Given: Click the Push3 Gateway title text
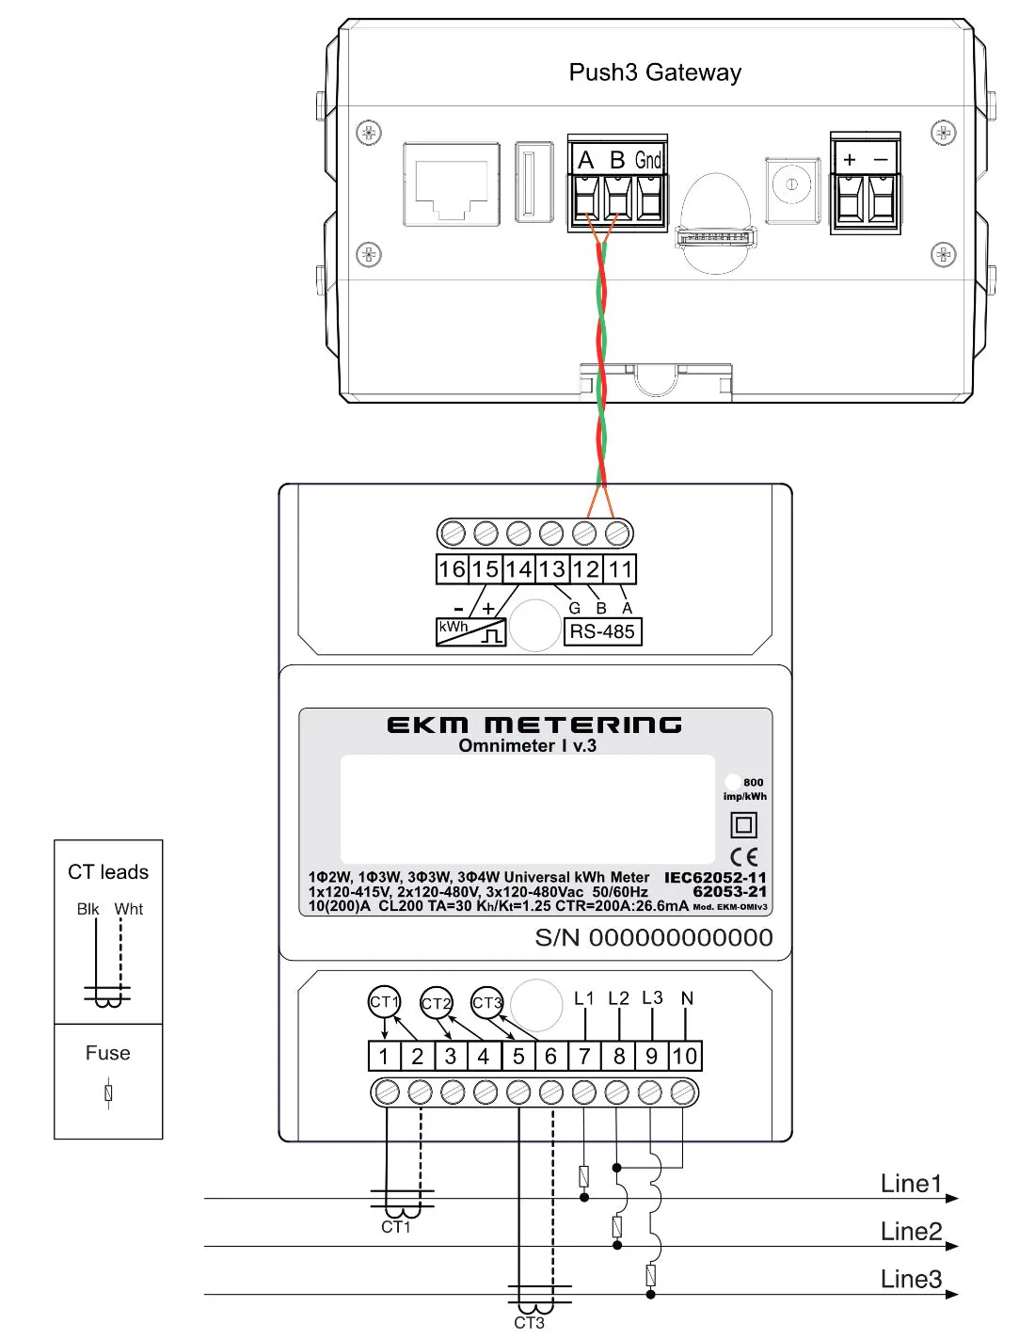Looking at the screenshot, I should point(655,72).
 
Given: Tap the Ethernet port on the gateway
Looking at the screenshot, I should point(451,184).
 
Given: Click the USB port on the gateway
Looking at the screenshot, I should point(533,183).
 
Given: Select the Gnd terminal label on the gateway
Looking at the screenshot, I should point(648,160).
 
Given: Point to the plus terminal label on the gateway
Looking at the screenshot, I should point(850,160).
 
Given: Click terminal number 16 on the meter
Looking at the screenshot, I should point(452,569).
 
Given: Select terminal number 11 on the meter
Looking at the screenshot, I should point(619,569).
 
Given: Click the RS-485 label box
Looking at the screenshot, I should point(602,631).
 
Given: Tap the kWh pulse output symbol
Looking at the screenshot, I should point(470,631).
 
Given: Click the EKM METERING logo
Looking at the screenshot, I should point(534,725).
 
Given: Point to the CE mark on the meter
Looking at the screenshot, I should point(743,856).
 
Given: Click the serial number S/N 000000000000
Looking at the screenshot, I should point(653,937).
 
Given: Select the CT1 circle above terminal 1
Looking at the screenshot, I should point(384,1002).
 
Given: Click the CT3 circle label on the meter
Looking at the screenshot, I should point(487,1002).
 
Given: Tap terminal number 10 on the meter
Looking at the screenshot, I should point(684,1056).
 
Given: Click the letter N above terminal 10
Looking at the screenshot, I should point(687,998).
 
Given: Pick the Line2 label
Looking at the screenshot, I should point(910,1231).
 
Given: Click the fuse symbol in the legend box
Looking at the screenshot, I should point(109,1092).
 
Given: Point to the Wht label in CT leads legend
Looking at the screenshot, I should point(129,909).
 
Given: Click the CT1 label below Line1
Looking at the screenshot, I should point(396,1227).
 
